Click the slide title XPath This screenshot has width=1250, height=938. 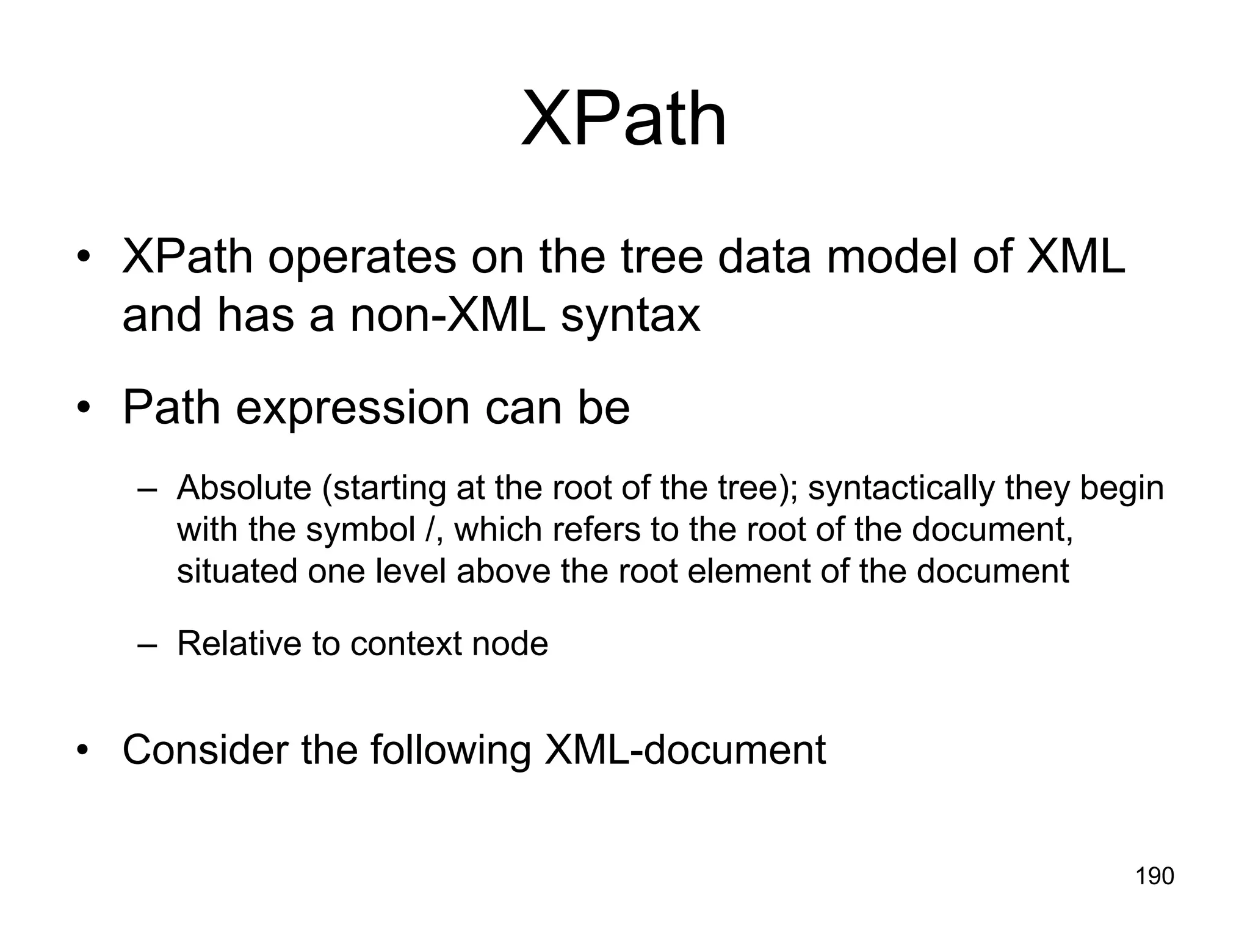624,118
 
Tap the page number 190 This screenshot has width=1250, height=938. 1154,876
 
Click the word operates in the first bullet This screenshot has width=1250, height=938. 362,257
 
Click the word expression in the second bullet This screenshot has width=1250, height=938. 353,409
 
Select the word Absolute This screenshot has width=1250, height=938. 244,488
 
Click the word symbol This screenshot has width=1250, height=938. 360,529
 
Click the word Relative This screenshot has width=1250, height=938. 238,644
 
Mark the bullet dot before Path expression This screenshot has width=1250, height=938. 84,408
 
